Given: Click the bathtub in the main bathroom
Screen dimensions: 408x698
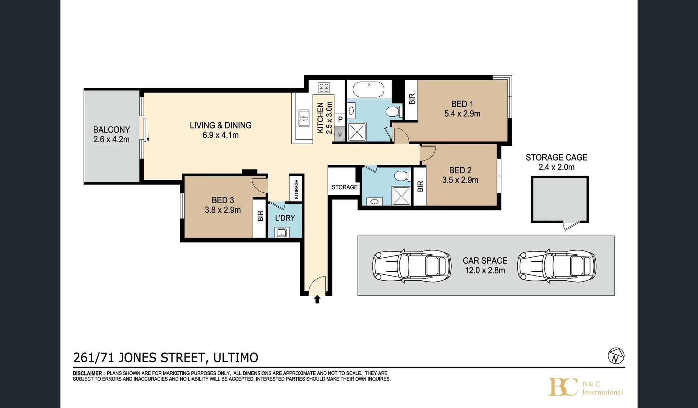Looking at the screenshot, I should pos(368,90).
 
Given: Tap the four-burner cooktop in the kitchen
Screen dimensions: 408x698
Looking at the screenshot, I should pos(324,88).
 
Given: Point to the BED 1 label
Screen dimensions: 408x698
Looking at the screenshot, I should pos(462,104).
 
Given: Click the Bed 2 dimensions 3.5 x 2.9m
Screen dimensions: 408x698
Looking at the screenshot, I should pos(460,180).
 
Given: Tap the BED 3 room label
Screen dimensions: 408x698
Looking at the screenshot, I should pos(223,200).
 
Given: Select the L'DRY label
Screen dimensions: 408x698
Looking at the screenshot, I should pos(285,218).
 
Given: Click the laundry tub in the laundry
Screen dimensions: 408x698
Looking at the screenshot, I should pos(282,232).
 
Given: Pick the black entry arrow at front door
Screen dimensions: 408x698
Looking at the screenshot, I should pos(317,300).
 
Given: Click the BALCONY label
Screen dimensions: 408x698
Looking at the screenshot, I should pos(111,130).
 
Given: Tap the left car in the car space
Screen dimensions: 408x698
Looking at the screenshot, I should pos(412,265).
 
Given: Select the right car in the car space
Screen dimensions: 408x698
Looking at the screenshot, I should pos(556,265).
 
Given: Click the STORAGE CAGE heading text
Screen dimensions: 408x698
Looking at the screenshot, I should pos(556,158).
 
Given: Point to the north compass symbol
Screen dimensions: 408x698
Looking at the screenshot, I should pos(616,356).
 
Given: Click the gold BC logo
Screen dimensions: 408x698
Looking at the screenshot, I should pos(563,386).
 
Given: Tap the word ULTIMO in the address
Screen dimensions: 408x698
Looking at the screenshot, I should pos(235,357).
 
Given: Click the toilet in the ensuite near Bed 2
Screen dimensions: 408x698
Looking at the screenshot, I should pos(401,176).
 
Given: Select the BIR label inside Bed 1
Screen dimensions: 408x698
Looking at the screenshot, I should pos(412,99).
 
